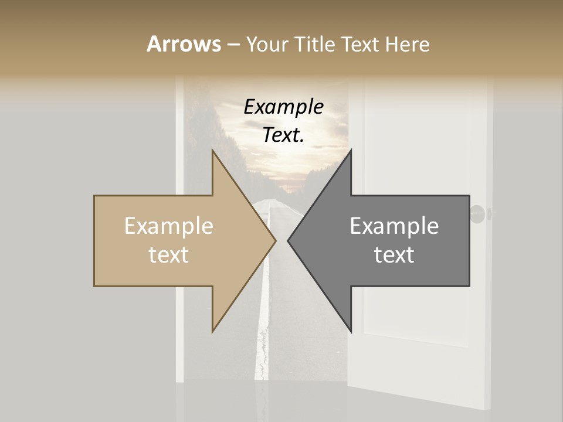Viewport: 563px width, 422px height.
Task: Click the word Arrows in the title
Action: (x=184, y=45)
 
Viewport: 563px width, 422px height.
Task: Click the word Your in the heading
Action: (x=267, y=45)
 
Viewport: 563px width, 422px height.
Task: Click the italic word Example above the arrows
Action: (x=284, y=107)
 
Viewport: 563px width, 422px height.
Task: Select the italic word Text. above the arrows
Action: (x=284, y=135)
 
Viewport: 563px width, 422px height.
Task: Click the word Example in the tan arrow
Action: (x=169, y=226)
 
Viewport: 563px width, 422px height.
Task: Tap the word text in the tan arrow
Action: (x=169, y=255)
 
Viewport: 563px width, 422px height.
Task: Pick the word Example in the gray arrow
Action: (x=394, y=226)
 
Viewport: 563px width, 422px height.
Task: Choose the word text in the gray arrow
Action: (x=394, y=255)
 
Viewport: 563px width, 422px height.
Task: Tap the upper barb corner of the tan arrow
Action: (x=213, y=151)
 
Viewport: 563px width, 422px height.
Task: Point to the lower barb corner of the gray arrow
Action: (x=351, y=331)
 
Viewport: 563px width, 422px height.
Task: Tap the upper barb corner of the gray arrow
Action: (x=351, y=151)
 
